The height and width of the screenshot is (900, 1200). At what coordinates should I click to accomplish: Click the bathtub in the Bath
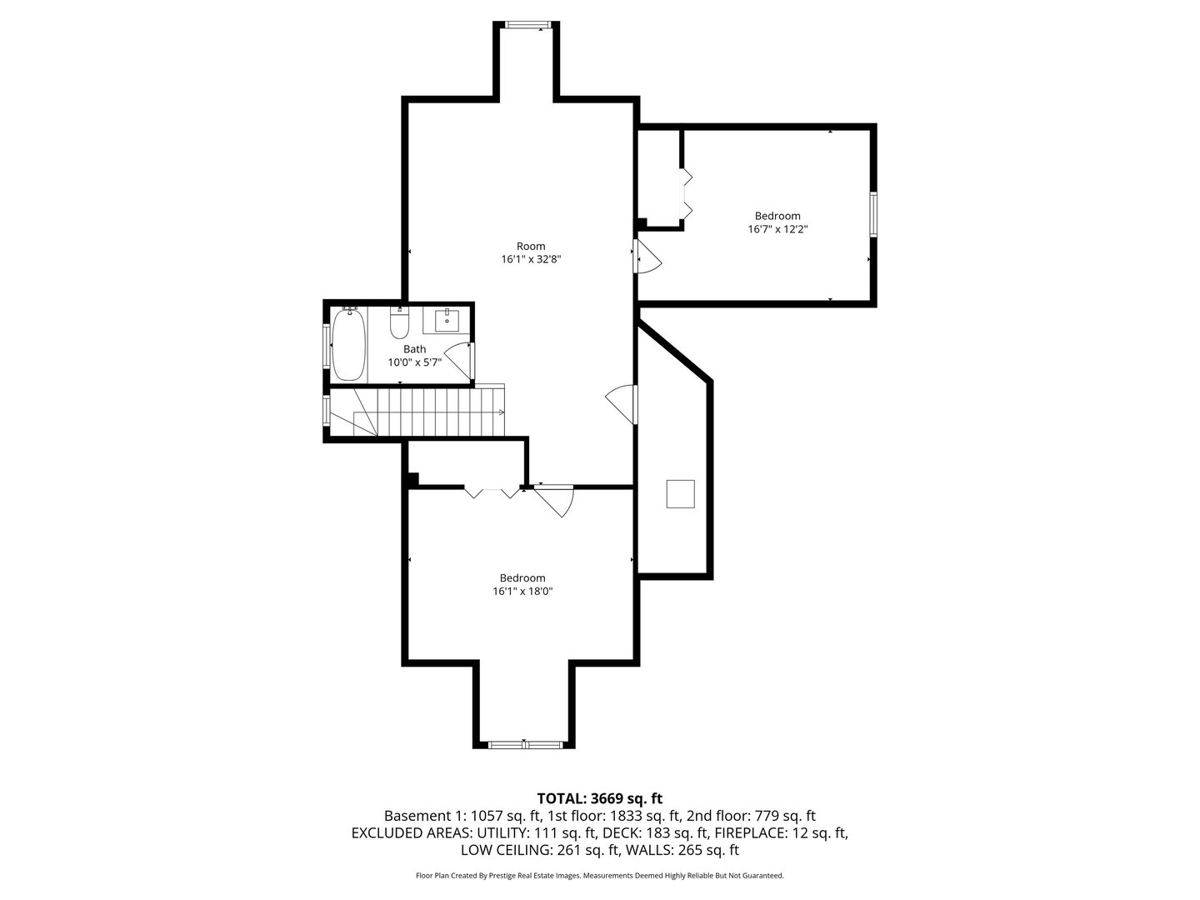point(347,344)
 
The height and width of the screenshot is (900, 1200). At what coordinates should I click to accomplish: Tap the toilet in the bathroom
point(400,321)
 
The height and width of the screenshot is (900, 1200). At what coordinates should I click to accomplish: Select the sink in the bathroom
point(447,319)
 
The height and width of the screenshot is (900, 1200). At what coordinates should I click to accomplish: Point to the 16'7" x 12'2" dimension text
point(777,229)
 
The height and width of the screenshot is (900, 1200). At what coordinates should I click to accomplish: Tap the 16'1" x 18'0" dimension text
point(522,592)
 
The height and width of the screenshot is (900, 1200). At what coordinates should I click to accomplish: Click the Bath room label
point(414,349)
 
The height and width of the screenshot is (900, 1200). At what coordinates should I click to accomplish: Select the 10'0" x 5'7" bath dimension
point(414,362)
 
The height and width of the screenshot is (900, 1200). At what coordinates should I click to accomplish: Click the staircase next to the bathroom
point(433,412)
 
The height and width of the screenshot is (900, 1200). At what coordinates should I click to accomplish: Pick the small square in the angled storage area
point(680,494)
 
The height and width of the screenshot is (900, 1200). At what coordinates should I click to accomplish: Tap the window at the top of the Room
point(528,25)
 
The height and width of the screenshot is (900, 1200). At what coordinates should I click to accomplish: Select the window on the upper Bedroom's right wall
point(873,214)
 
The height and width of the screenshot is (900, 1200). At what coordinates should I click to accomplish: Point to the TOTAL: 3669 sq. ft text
point(600,798)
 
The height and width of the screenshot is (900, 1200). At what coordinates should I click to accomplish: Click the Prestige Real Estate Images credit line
point(600,876)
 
